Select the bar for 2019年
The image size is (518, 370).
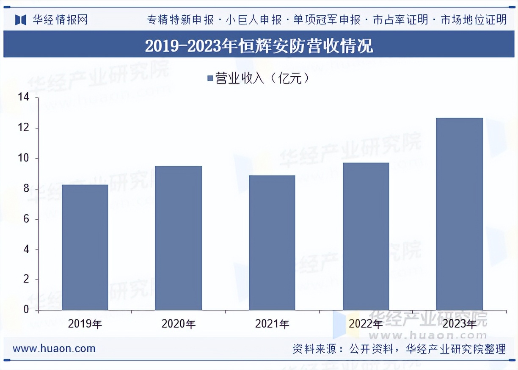[x=85, y=247]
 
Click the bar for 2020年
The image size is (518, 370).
[x=179, y=238]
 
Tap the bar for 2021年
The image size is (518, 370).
[x=272, y=243]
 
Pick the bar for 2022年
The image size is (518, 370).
[x=366, y=236]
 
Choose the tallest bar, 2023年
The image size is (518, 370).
[x=459, y=214]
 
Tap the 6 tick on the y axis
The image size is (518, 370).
[x=26, y=219]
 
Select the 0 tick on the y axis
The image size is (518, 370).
[x=26, y=310]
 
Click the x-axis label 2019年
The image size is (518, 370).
[x=85, y=324]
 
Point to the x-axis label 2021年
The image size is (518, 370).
[x=272, y=324]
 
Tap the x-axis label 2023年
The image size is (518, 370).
[x=459, y=324]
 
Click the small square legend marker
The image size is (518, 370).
[x=210, y=78]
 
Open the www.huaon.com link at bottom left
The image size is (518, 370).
[x=54, y=349]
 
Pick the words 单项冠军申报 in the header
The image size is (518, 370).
[x=327, y=19]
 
